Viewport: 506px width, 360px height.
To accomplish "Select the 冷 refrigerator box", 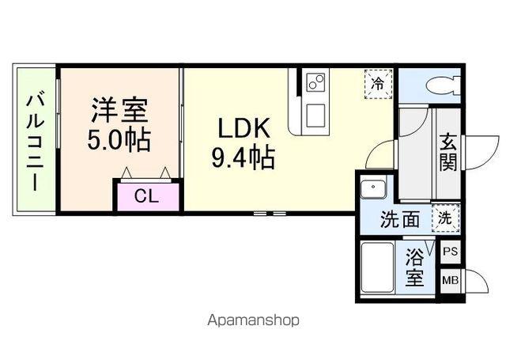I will pyautogui.click(x=378, y=81).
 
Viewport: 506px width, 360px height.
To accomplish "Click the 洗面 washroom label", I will pyautogui.click(x=400, y=219).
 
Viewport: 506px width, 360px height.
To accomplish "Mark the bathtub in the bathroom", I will pyautogui.click(x=377, y=269).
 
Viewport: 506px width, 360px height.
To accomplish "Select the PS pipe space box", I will pyautogui.click(x=450, y=252).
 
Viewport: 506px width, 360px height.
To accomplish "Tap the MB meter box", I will pyautogui.click(x=450, y=280).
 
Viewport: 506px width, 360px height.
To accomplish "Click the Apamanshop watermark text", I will pyautogui.click(x=253, y=320).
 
